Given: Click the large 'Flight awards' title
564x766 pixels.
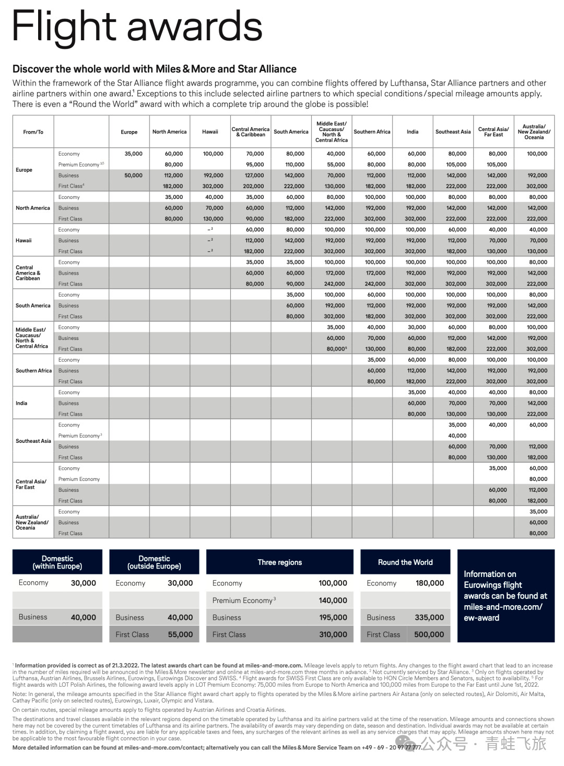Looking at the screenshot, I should (x=137, y=26).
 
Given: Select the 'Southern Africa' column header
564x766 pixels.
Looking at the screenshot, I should (x=372, y=132).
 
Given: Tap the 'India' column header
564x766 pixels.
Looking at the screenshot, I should (x=413, y=132).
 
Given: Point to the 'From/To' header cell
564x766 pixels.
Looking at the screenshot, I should (x=33, y=132).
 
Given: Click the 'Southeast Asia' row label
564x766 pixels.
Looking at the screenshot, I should (x=33, y=441).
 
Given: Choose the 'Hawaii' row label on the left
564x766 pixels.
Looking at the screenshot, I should (x=23, y=241).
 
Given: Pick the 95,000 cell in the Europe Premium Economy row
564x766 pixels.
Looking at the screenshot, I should (x=255, y=165).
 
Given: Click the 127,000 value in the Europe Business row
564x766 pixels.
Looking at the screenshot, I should (x=255, y=176).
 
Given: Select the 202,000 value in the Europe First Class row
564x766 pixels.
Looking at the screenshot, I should (x=254, y=186).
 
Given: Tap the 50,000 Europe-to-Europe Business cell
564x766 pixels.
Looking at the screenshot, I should (x=133, y=176).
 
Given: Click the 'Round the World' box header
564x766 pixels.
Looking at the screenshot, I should (x=405, y=562).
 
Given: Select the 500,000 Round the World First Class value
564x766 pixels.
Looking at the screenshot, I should (x=429, y=634).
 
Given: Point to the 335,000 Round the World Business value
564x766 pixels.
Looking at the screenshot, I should (x=429, y=617).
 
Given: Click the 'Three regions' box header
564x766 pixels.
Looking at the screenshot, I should (x=279, y=562).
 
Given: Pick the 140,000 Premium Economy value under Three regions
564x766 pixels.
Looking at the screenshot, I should (x=333, y=600).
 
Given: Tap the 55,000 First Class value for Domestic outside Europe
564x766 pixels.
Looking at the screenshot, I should (x=180, y=634).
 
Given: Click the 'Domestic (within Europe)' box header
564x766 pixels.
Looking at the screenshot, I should (x=57, y=562).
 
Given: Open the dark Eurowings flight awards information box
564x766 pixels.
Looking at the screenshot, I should (x=506, y=596).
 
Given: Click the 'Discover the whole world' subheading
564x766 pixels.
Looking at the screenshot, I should (x=155, y=69).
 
